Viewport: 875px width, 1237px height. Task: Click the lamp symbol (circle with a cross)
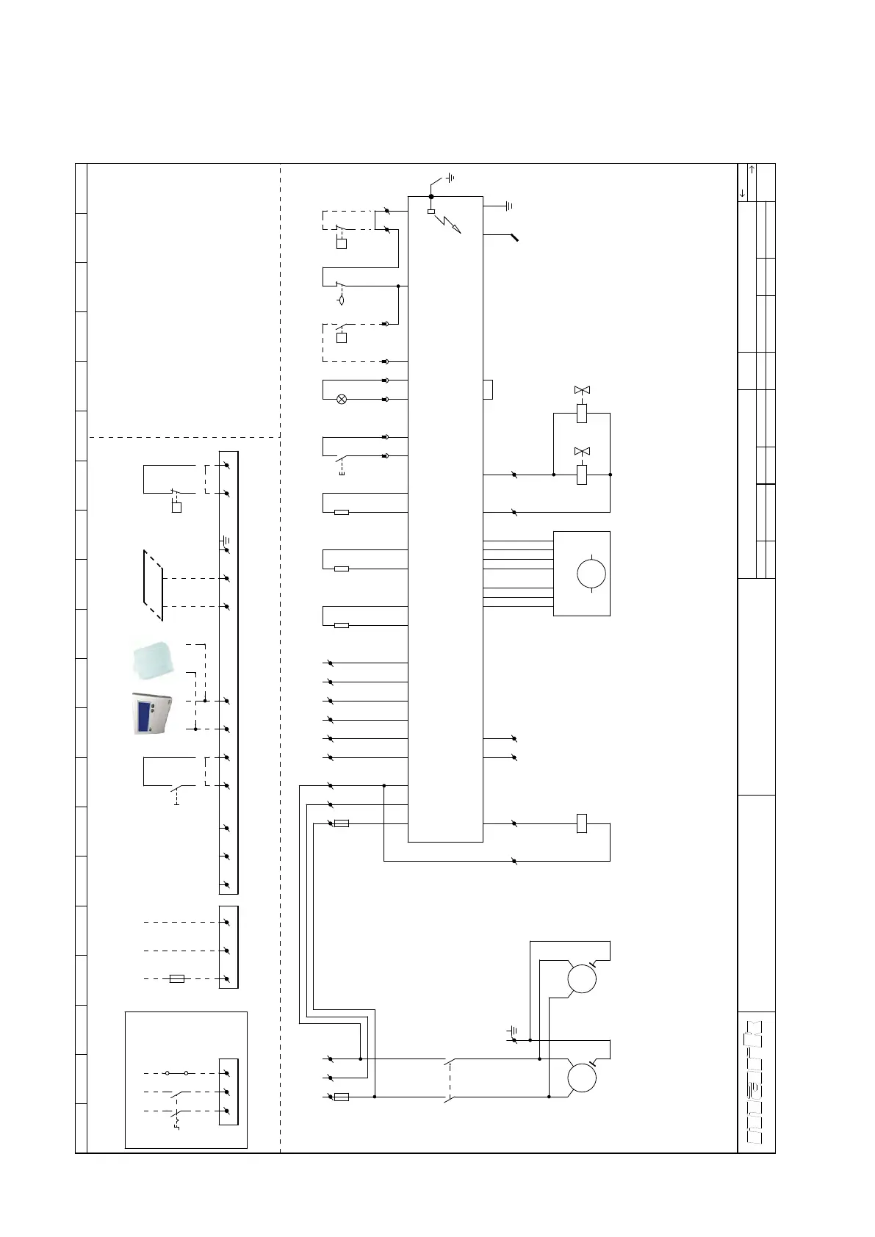tap(342, 400)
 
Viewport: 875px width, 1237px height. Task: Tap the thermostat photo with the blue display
tap(152, 713)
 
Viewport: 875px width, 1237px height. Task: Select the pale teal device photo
tap(153, 660)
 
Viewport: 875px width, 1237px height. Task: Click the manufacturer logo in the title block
tap(755, 1082)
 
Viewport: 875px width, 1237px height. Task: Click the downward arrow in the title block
tap(743, 193)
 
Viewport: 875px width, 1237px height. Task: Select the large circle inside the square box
tap(591, 573)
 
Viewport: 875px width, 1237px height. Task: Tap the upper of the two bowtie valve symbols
tap(582, 390)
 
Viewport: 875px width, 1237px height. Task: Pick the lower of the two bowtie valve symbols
tap(582, 451)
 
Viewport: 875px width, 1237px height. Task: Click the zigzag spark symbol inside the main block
tap(447, 223)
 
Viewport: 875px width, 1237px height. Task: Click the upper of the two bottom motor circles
tap(582, 979)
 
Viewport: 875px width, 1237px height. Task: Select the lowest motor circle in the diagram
tap(582, 1078)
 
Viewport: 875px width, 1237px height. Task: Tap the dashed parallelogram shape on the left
tap(153, 585)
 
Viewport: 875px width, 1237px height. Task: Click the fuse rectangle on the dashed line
tap(177, 979)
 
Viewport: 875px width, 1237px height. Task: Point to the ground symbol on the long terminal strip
tap(225, 540)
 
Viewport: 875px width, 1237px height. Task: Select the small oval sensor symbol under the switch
tap(342, 300)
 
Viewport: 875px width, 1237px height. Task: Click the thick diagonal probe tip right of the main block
tap(514, 237)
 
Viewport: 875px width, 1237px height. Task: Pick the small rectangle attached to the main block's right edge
tap(488, 389)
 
